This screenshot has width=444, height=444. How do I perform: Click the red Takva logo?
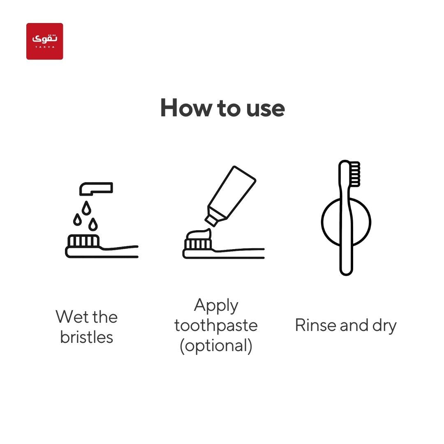click(x=44, y=42)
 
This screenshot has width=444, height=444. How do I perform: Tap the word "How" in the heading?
click(x=186, y=108)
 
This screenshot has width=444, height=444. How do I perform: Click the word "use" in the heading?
click(x=265, y=109)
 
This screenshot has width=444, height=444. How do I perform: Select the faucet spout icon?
click(x=96, y=189)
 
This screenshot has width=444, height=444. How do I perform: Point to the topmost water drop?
click(x=86, y=208)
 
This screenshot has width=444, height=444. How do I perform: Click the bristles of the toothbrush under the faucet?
click(x=83, y=240)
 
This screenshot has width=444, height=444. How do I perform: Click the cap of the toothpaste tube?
click(x=211, y=220)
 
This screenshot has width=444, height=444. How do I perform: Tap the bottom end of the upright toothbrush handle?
click(x=346, y=274)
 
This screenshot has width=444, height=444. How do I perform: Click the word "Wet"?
click(x=72, y=317)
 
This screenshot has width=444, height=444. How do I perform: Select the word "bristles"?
click(x=87, y=337)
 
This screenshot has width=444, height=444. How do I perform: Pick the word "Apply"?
click(x=216, y=306)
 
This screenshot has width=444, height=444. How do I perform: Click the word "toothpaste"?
click(x=216, y=325)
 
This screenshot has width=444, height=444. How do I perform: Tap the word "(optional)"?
click(x=216, y=346)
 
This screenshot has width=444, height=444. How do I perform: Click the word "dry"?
click(x=384, y=326)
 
